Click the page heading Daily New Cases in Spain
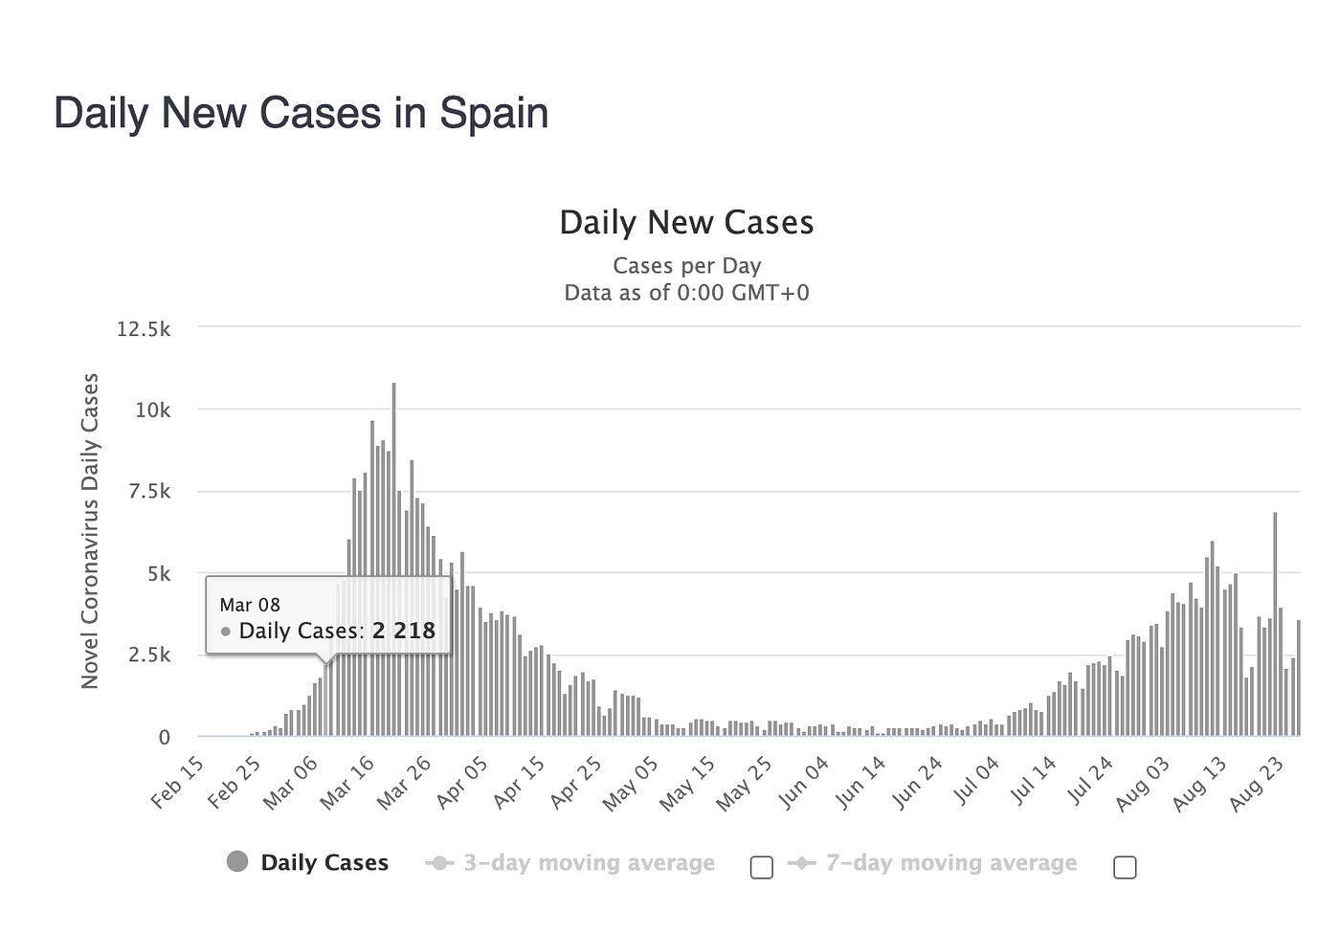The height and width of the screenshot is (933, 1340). click(x=301, y=113)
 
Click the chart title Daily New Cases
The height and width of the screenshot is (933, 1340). click(x=686, y=223)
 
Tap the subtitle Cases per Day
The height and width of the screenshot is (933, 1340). click(x=686, y=266)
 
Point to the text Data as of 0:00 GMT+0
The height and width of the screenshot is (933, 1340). click(x=686, y=293)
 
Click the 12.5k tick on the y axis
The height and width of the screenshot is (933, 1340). click(x=144, y=329)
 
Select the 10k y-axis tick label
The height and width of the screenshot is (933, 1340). click(x=152, y=411)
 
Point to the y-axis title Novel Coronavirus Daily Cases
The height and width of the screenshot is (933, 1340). click(x=90, y=531)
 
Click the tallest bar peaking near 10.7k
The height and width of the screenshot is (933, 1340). click(x=393, y=560)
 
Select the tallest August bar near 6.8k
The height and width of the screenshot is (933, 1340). click(x=1275, y=624)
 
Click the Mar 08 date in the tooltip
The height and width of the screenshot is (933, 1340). click(x=250, y=605)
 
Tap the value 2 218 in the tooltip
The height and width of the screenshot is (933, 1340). click(x=404, y=631)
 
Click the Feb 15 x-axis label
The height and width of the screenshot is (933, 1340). click(x=179, y=782)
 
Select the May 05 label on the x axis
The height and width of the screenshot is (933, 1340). click(x=632, y=782)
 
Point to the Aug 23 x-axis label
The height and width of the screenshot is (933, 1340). click(x=1258, y=782)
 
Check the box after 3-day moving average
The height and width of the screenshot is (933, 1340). click(x=762, y=868)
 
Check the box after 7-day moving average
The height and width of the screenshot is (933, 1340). click(x=1126, y=868)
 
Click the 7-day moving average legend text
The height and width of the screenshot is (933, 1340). click(x=950, y=863)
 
